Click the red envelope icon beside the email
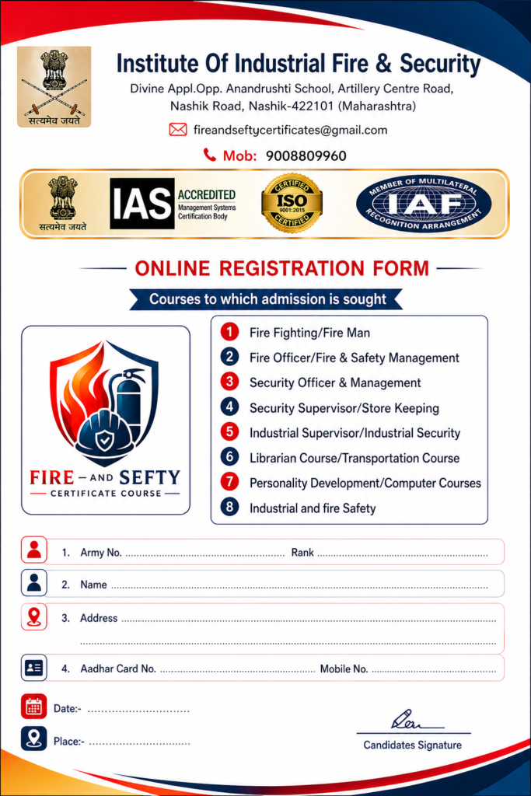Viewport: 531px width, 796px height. pos(177,130)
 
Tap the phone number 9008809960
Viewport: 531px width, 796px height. pos(306,155)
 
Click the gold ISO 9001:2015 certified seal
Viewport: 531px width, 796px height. pos(292,203)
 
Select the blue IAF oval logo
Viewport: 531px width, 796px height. pos(424,204)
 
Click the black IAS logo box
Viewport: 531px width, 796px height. pos(141,204)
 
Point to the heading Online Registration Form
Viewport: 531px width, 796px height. pos(281,269)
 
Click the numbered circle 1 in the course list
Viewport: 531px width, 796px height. pos(229,333)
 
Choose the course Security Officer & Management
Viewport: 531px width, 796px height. pos(335,382)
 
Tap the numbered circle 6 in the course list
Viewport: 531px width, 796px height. pos(229,457)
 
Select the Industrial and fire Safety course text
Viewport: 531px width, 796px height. pos(313,508)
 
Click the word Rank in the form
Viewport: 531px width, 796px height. pos(302,553)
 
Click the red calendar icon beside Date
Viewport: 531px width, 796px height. pos(33,707)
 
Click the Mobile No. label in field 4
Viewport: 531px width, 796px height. pos(344,669)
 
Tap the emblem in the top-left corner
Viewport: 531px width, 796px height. pos(54,86)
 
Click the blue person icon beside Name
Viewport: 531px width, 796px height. pos(33,584)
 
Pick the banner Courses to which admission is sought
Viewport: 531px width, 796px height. pos(267,299)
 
